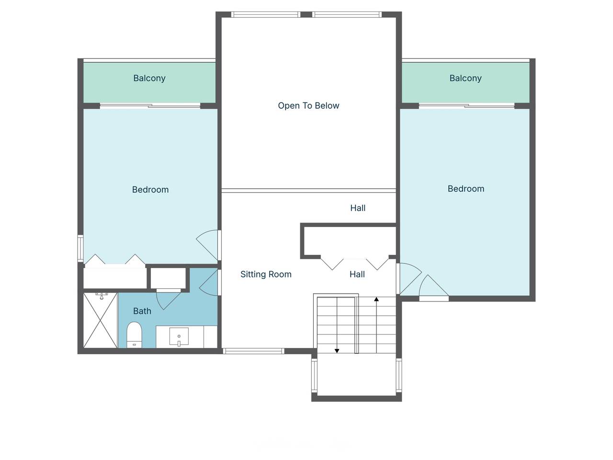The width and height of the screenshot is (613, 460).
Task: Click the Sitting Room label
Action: (266, 274)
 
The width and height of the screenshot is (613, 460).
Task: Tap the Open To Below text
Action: (308, 105)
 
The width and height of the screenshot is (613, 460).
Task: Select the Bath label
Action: (142, 311)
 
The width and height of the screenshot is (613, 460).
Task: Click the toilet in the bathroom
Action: (134, 334)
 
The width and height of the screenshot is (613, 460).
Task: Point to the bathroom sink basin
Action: (179, 336)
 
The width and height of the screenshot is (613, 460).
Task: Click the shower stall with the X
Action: (100, 320)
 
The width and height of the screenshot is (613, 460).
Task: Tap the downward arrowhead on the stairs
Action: (337, 351)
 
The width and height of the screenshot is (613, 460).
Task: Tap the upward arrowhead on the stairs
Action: (376, 299)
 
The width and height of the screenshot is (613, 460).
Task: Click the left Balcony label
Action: (149, 78)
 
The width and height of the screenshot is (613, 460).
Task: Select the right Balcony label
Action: (465, 78)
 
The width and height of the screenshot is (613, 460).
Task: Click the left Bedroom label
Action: (150, 190)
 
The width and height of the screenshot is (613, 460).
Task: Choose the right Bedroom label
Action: (466, 189)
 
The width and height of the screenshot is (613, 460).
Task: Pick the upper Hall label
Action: (358, 208)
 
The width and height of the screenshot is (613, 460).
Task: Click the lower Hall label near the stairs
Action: (357, 274)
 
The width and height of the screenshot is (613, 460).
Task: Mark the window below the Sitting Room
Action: (253, 351)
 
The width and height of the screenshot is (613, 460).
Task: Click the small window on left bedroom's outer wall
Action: (80, 248)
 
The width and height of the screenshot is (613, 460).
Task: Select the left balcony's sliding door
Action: (150, 105)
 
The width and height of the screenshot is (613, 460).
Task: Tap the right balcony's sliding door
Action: (466, 105)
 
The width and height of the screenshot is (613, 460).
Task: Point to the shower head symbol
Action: (102, 296)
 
